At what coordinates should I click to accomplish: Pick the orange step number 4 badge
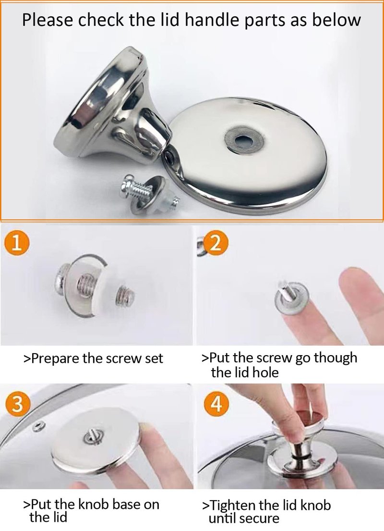[216, 404]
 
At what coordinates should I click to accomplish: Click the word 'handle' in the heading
[212, 20]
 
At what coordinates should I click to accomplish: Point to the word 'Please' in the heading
[48, 20]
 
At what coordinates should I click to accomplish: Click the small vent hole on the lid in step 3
[39, 426]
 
